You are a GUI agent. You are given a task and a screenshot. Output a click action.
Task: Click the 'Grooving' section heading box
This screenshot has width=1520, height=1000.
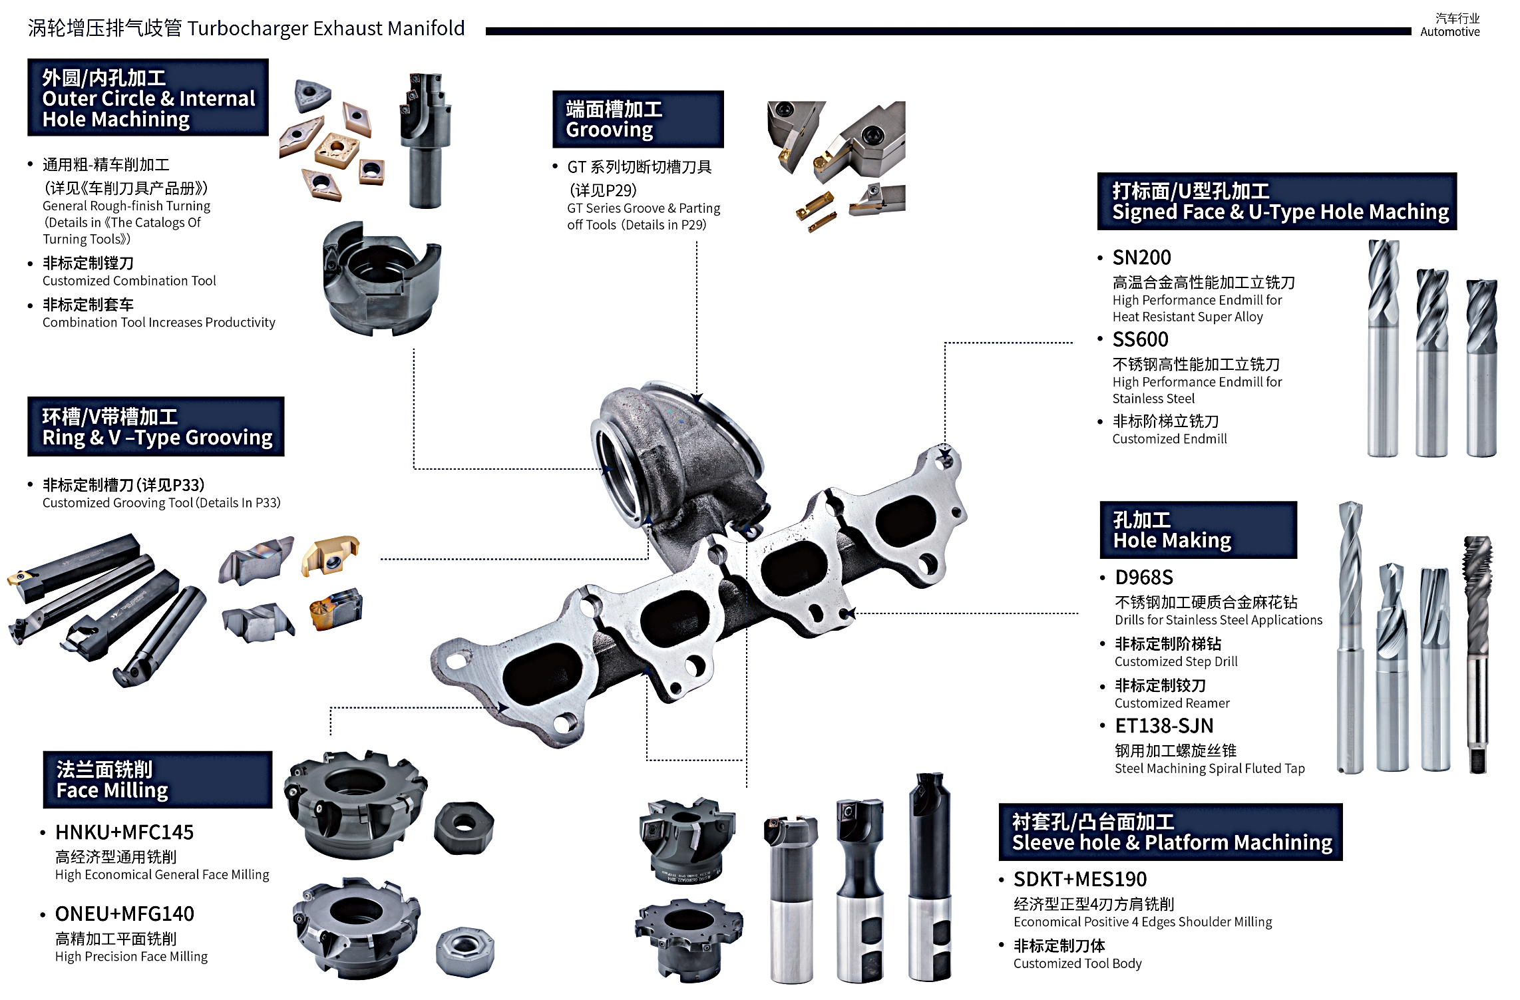tap(638, 119)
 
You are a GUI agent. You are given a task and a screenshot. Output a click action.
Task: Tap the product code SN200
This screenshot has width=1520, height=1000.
tap(1141, 257)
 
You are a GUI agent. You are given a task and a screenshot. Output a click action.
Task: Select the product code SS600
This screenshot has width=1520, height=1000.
tap(1140, 339)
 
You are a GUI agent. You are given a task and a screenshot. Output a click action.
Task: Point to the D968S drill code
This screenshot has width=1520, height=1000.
tap(1144, 577)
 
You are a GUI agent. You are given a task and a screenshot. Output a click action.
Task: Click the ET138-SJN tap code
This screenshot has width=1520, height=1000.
tap(1164, 725)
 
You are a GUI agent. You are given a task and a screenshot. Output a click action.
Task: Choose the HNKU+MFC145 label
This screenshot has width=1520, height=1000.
tap(124, 832)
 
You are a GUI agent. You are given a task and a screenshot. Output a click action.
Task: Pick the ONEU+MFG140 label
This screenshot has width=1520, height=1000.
tap(124, 914)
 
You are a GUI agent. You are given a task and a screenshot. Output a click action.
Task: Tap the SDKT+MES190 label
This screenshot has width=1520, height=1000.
tap(1079, 879)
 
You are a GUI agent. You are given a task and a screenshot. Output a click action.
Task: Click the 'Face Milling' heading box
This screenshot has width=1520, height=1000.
tap(158, 780)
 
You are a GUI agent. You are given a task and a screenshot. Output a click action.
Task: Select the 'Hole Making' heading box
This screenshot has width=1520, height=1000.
tap(1198, 530)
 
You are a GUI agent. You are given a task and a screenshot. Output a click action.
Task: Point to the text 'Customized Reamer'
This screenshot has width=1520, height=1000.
tap(1172, 703)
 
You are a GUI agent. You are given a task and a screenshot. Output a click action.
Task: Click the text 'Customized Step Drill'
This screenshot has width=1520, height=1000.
tap(1176, 661)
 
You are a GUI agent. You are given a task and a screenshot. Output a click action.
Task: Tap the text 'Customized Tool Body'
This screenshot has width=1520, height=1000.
tap(1077, 963)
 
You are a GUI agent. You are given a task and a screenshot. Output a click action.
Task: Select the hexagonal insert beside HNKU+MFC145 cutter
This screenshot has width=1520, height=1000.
tap(464, 828)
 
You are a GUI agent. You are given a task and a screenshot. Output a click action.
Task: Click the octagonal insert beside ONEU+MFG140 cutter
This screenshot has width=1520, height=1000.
tap(465, 951)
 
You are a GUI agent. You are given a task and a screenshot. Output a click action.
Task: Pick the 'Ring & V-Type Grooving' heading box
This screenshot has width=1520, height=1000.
tap(156, 426)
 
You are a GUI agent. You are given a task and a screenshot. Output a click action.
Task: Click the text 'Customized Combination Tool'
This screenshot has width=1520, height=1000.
tap(129, 281)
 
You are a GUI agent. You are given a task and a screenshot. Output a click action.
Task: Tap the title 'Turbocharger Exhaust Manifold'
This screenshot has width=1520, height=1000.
tap(326, 29)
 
